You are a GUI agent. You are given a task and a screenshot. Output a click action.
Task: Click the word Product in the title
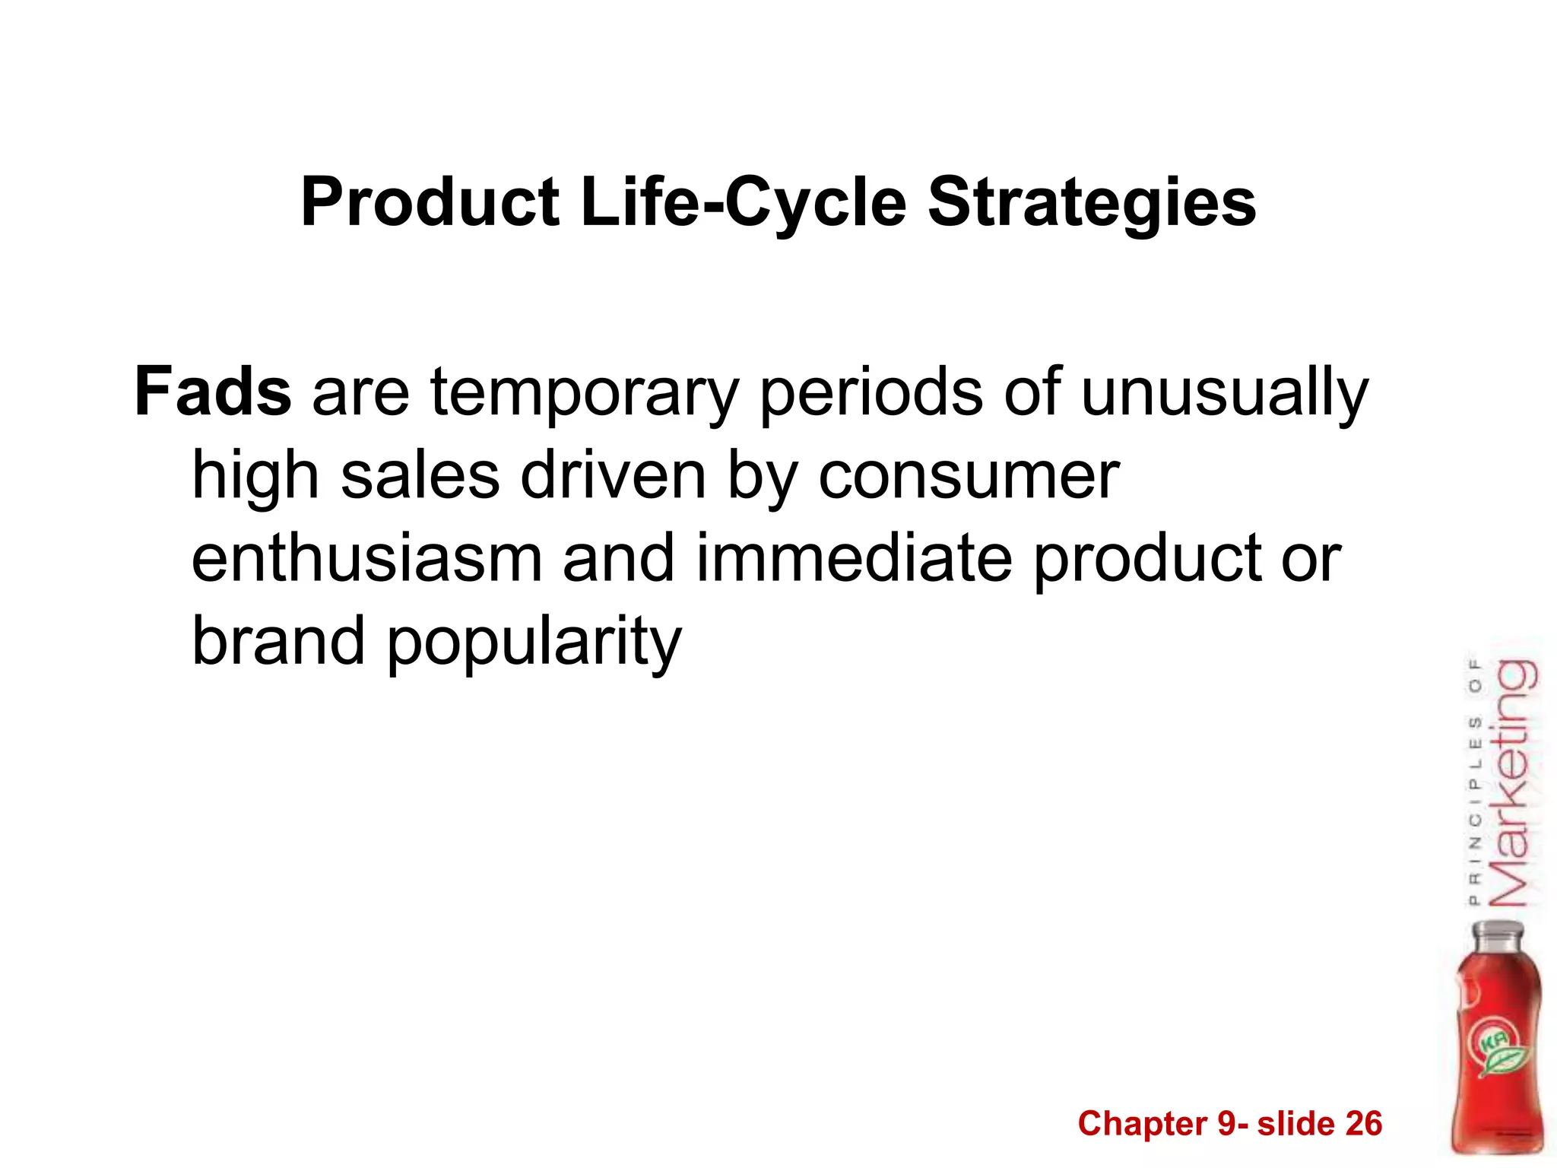(x=430, y=203)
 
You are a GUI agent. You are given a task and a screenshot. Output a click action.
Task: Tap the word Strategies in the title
(x=1092, y=203)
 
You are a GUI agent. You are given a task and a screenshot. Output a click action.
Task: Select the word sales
(x=420, y=476)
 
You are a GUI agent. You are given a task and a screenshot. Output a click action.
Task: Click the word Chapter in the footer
(x=1142, y=1124)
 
